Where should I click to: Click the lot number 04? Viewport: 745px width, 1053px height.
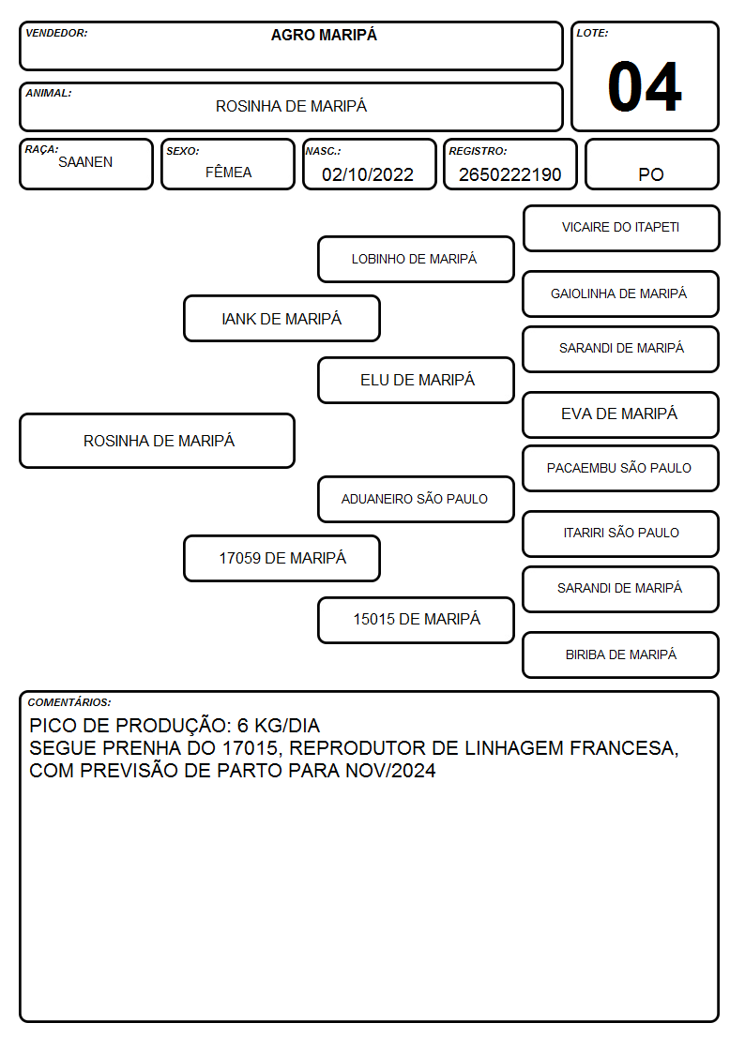point(645,86)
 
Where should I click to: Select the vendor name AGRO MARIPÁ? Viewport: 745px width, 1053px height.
point(324,35)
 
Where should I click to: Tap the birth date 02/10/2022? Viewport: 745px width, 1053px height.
point(368,174)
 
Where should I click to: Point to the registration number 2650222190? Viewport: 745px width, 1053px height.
point(509,174)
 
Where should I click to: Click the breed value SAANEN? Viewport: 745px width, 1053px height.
point(85,162)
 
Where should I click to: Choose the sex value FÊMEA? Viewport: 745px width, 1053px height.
point(228,172)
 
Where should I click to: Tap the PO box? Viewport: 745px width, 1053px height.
point(651,164)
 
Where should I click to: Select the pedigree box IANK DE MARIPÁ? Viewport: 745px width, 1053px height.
point(281,318)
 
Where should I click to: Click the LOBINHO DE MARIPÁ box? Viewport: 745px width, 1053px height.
point(416,259)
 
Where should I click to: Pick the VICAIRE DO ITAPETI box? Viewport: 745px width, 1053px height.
point(621,229)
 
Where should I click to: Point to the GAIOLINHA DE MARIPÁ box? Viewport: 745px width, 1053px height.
point(621,294)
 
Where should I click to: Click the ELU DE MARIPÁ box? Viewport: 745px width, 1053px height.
point(416,380)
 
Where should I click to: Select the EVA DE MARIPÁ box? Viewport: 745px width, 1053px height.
point(621,415)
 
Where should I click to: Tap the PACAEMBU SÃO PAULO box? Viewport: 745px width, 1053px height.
point(621,469)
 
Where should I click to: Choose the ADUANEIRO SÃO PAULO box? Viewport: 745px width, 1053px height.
point(416,500)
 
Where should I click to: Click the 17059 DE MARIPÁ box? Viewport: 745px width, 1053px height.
point(281,558)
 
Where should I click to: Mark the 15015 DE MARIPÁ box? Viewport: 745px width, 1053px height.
point(416,621)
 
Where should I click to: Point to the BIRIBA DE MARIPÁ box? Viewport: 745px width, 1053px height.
point(621,654)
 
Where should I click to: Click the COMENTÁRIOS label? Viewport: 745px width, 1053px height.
point(69,702)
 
